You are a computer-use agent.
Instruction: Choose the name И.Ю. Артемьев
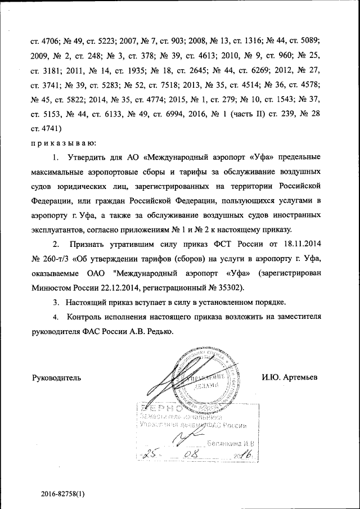tap(290, 377)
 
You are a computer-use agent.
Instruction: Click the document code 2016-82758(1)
tap(70, 493)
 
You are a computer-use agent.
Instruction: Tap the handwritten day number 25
tap(151, 454)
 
